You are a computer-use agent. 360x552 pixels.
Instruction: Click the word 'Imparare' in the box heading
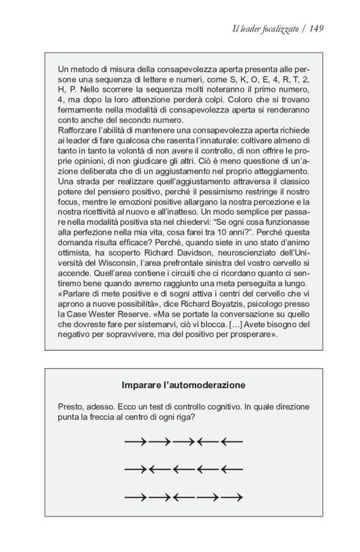pyautogui.click(x=142, y=385)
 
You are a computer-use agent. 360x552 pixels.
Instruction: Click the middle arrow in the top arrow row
pyautogui.click(x=183, y=442)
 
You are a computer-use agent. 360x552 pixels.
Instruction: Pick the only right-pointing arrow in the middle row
pyautogui.click(x=135, y=469)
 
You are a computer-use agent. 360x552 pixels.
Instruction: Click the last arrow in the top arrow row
pyautogui.click(x=231, y=442)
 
